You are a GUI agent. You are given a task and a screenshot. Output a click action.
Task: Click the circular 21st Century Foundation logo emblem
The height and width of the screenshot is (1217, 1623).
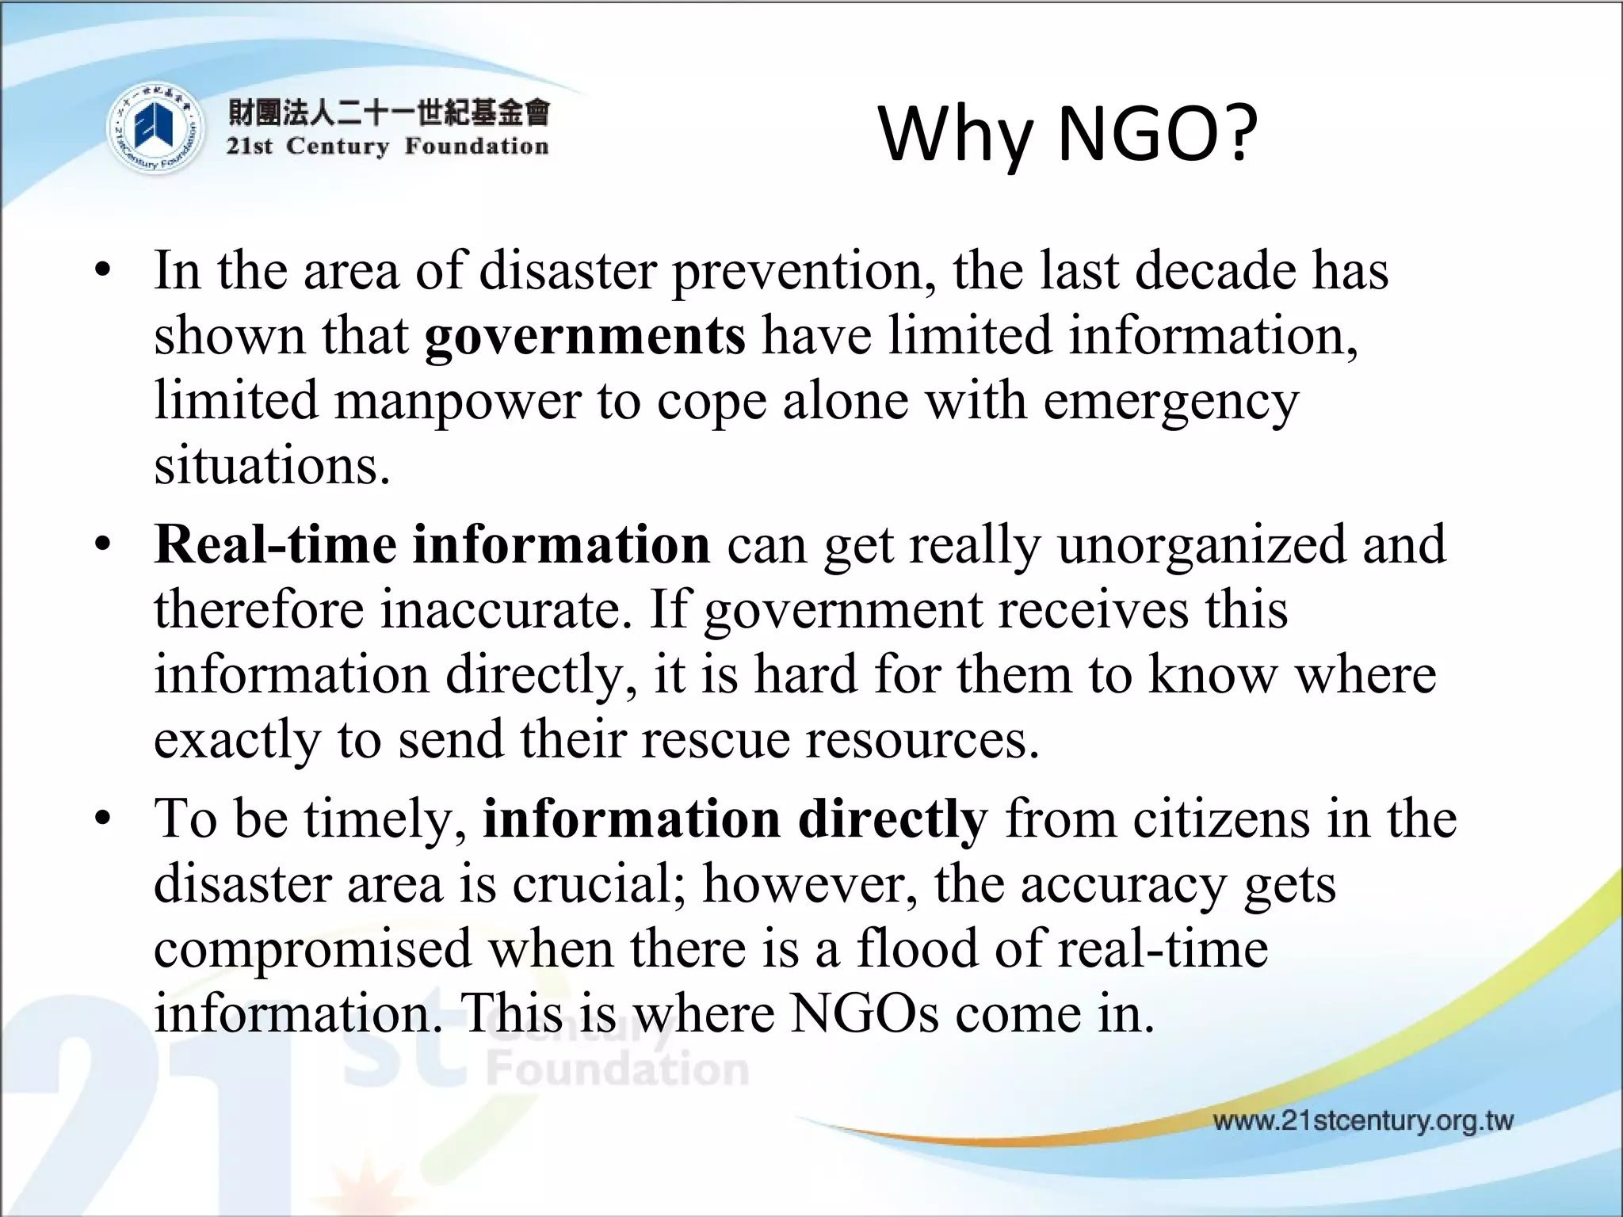[154, 129]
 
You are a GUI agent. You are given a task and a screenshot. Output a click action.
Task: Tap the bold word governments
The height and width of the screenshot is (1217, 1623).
[585, 336]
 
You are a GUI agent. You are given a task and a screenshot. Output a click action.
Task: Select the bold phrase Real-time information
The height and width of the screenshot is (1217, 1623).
[433, 544]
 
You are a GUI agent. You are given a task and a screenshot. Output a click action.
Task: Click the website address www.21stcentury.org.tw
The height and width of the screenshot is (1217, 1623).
[1363, 1121]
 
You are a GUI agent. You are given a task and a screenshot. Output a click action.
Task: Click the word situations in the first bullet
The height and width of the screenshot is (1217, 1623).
[272, 466]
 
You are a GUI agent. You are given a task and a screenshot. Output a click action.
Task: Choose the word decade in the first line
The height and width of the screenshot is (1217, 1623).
[1216, 271]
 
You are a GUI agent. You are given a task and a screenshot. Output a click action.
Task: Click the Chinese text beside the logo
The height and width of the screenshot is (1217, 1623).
[388, 113]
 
